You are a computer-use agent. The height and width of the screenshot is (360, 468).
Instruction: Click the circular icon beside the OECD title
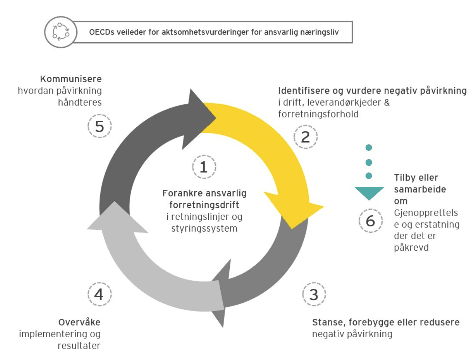point(61,32)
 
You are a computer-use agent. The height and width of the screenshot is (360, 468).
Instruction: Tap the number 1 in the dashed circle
point(204,167)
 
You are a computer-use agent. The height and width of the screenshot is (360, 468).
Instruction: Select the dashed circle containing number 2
point(305,137)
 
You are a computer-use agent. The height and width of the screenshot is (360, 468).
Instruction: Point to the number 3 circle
point(314,294)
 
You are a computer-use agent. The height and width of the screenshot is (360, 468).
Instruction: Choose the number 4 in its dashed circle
point(99,294)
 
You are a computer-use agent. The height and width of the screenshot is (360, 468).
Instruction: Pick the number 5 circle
point(99,126)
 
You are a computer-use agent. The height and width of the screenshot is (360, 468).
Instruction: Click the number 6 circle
point(370,221)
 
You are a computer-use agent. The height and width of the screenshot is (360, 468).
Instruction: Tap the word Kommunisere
point(71,79)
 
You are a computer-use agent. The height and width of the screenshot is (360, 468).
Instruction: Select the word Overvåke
point(79,322)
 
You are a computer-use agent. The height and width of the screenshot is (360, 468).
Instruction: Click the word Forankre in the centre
point(179,193)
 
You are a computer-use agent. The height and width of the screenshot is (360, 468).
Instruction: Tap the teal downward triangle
point(369,193)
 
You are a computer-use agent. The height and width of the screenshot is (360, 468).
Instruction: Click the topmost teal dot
point(369,148)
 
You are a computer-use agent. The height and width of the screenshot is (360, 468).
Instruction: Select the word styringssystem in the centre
point(204,229)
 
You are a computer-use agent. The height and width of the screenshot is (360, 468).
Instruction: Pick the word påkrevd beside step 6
point(411,248)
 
